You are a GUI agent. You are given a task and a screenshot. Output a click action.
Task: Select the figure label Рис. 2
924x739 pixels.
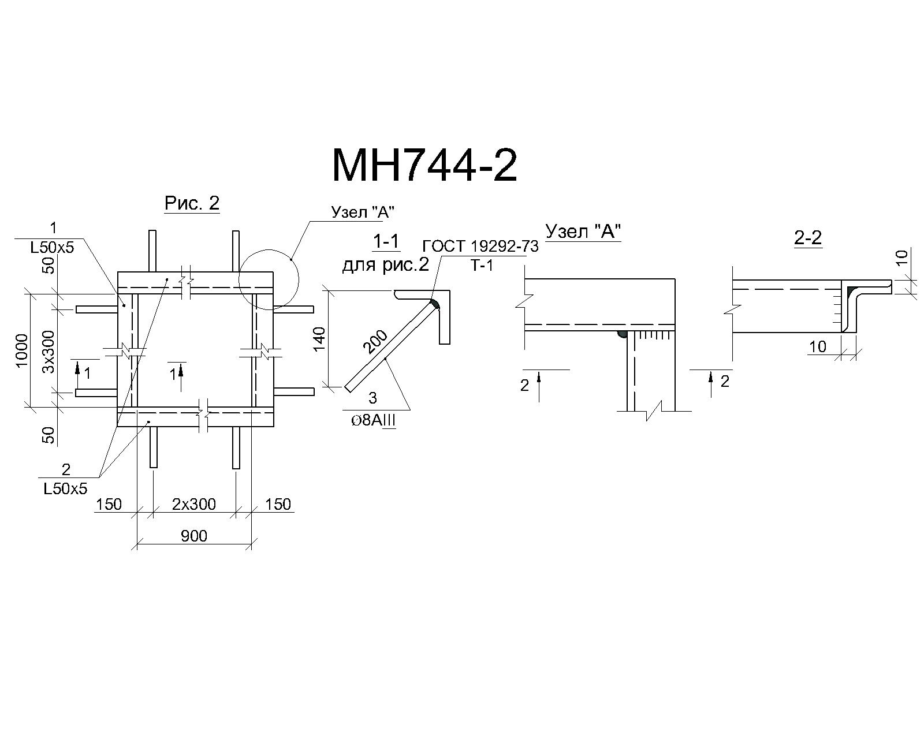point(192,203)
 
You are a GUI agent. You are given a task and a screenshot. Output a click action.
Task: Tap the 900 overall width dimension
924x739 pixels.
point(194,536)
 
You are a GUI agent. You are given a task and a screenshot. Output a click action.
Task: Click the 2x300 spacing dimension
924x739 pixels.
point(194,504)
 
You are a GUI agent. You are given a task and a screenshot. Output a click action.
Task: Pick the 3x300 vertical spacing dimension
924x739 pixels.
point(50,352)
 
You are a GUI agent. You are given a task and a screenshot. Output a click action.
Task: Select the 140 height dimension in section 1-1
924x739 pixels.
point(319,339)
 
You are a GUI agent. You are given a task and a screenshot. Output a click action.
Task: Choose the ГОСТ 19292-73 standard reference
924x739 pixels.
point(480,247)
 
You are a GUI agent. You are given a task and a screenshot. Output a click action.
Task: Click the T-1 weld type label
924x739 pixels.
point(482,266)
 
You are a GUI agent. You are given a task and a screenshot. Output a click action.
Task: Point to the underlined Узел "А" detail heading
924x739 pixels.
point(583,232)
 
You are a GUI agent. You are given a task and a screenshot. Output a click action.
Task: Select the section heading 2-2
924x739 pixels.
point(808,237)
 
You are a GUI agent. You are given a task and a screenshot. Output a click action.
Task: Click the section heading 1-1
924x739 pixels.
point(386,242)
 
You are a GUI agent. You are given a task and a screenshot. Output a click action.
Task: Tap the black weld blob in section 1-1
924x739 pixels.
point(434,304)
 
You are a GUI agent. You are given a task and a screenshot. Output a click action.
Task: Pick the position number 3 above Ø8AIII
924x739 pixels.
point(372,398)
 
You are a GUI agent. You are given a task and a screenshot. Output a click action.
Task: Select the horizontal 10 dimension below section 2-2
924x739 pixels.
point(817,346)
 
